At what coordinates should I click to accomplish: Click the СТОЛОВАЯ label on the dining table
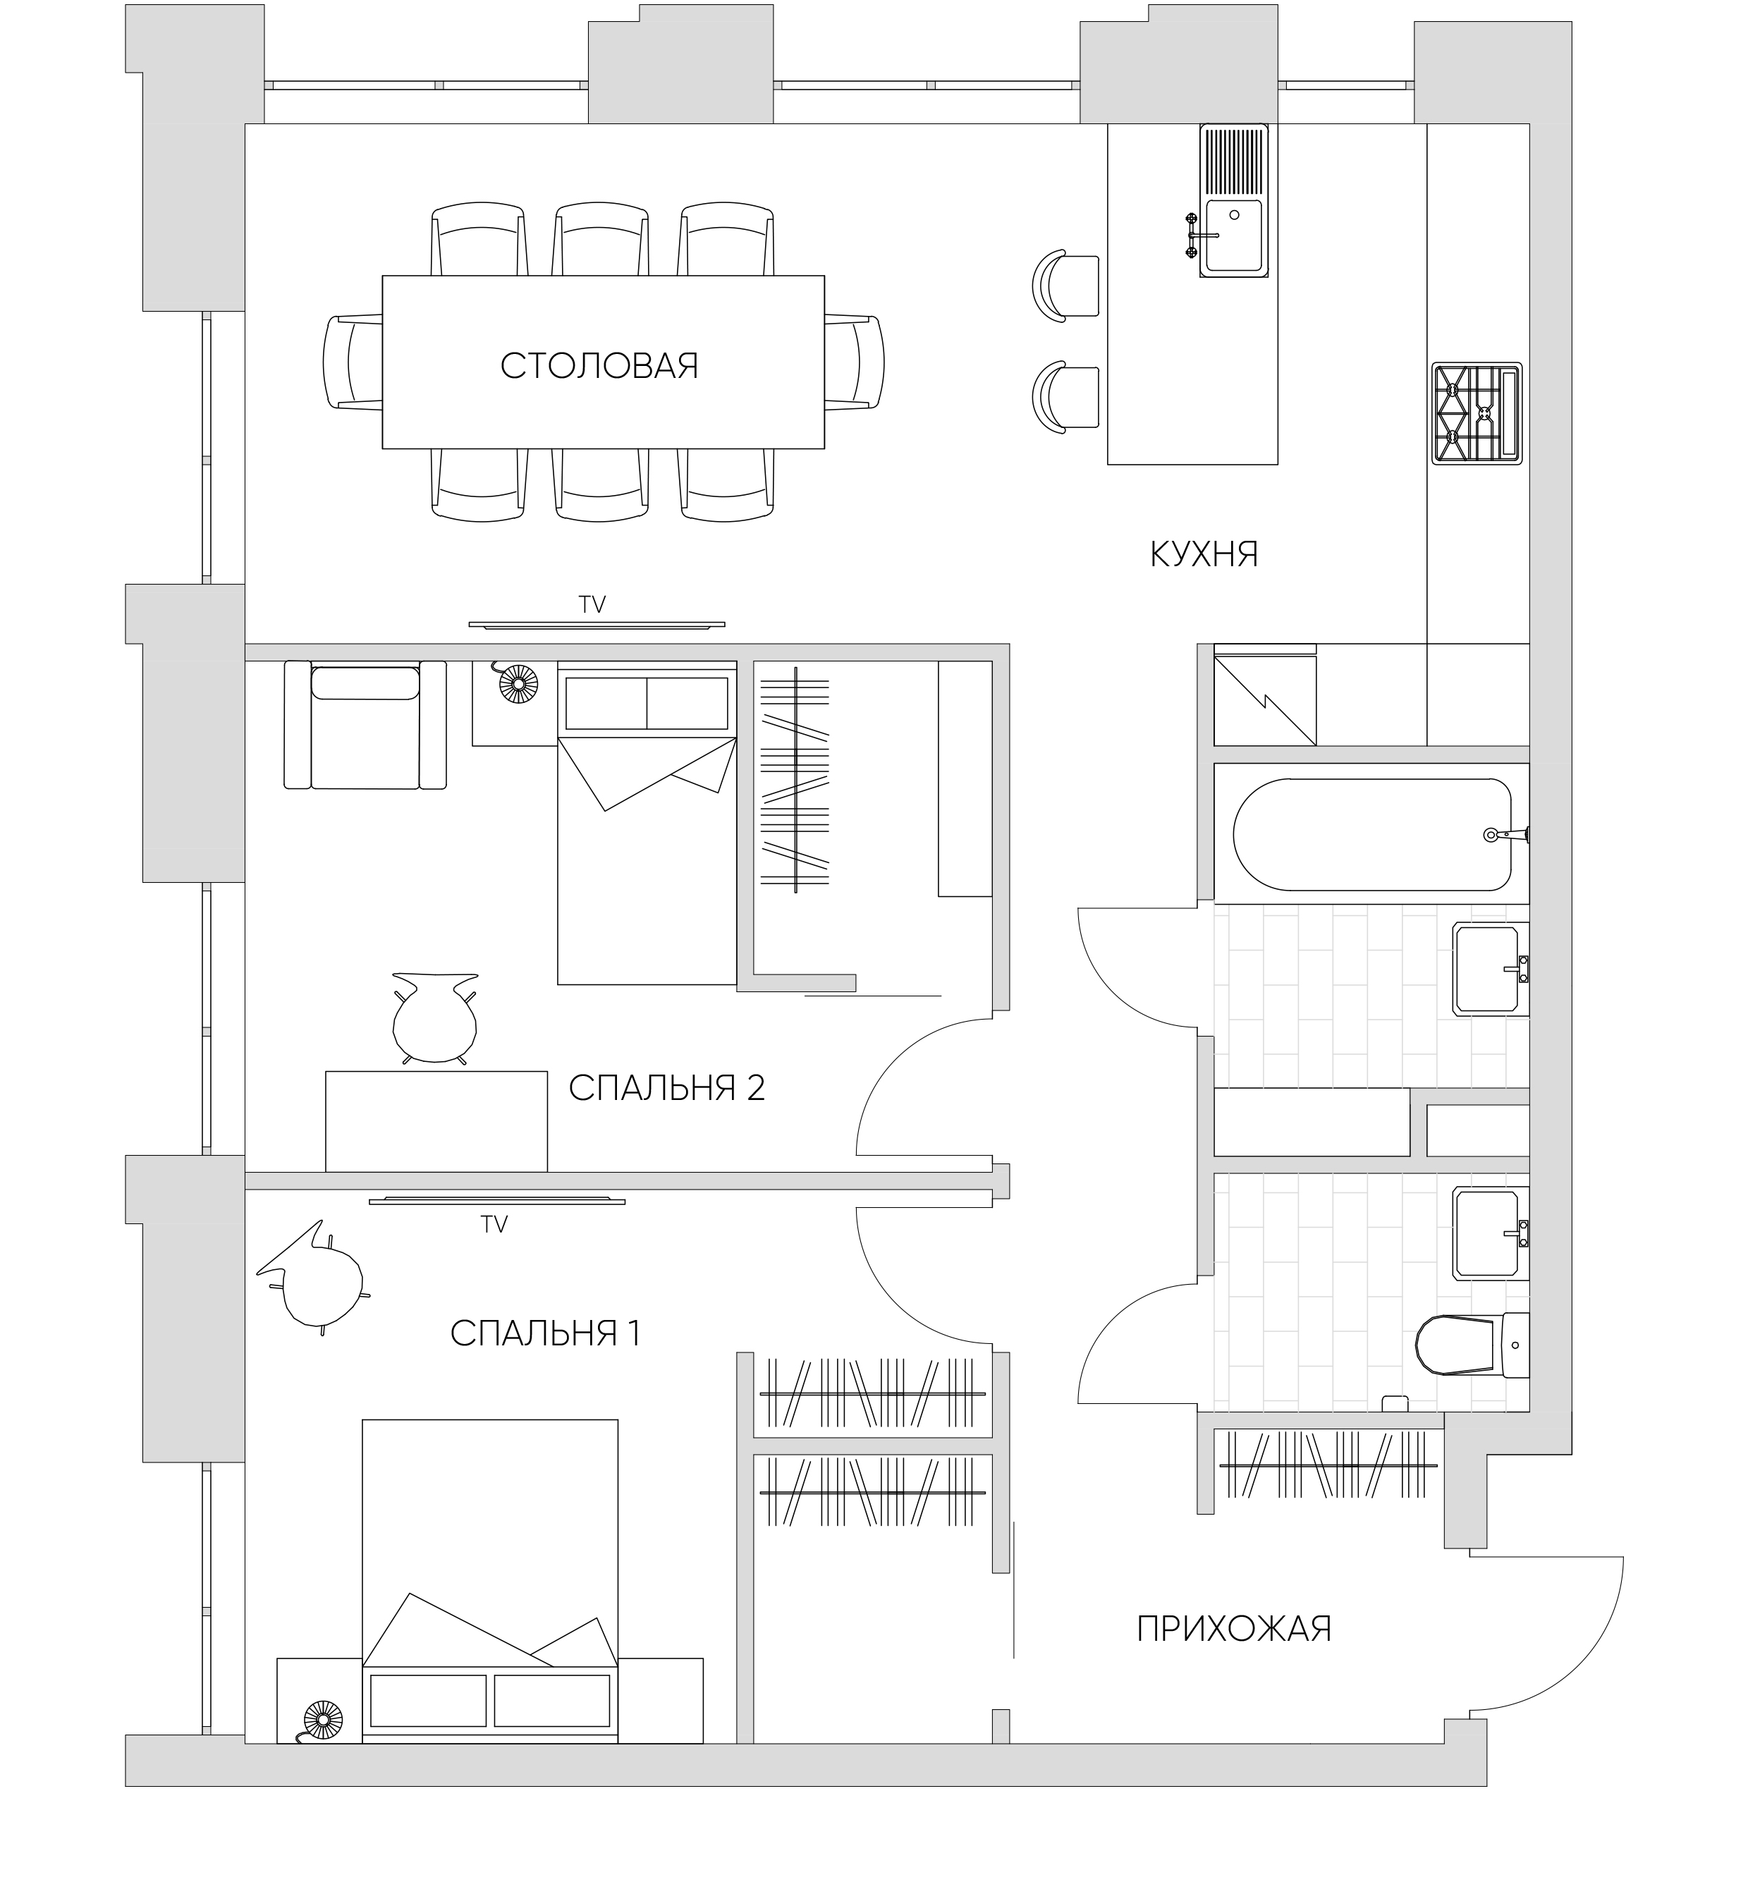pos(599,366)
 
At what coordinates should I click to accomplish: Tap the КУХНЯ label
pos(1204,554)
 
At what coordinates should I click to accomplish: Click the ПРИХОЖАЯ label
pos(1235,1629)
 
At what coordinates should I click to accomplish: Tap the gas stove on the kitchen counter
pos(1477,413)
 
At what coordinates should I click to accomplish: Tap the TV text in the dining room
pos(592,605)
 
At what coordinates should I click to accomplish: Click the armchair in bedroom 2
pos(365,724)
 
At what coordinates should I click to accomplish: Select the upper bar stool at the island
pos(1066,286)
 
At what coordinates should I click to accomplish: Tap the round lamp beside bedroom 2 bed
pos(518,684)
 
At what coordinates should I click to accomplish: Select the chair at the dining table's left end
pos(354,362)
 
